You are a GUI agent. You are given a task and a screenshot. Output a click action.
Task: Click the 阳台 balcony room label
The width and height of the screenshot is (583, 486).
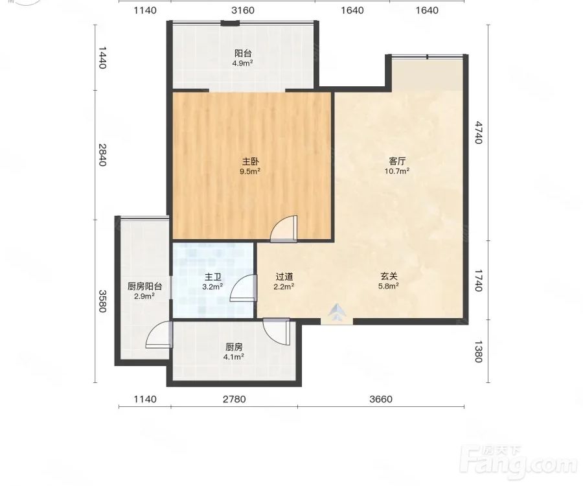pyautogui.click(x=243, y=53)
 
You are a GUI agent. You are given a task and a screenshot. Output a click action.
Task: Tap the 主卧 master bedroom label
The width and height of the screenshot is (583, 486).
pyautogui.click(x=250, y=161)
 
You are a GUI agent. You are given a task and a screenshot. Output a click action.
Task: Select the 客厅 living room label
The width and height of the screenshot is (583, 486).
pyautogui.click(x=397, y=161)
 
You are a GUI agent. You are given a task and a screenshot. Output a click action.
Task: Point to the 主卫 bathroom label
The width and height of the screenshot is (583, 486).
pyautogui.click(x=213, y=277)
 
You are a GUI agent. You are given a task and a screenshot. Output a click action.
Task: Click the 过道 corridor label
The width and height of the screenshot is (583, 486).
pyautogui.click(x=284, y=277)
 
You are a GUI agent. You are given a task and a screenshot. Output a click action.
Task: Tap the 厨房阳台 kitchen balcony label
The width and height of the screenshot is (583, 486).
pyautogui.click(x=144, y=286)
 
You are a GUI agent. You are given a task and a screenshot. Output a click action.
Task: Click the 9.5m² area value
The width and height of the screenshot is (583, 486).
pyautogui.click(x=250, y=172)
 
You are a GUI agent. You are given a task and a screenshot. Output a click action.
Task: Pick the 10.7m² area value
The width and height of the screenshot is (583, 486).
pyautogui.click(x=397, y=171)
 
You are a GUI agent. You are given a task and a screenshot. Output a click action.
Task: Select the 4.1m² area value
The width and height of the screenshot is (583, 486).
pyautogui.click(x=233, y=357)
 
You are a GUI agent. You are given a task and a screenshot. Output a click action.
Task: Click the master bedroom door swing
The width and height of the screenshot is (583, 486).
pyautogui.click(x=284, y=229)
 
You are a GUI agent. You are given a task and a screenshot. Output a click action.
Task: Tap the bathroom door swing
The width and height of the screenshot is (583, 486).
pyautogui.click(x=244, y=288)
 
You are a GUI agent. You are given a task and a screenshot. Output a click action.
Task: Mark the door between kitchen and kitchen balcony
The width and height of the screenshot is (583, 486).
pyautogui.click(x=159, y=335)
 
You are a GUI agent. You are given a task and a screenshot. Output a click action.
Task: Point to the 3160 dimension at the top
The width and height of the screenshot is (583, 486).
pyautogui.click(x=243, y=10)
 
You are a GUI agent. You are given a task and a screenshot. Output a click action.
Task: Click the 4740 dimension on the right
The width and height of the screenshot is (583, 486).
pyautogui.click(x=479, y=132)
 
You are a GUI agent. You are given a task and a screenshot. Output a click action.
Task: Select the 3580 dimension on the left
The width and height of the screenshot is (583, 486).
pyautogui.click(x=102, y=301)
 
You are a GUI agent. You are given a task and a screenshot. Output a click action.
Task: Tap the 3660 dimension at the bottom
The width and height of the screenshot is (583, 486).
pyautogui.click(x=381, y=399)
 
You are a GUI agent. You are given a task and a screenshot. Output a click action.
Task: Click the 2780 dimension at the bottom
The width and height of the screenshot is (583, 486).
pyautogui.click(x=234, y=399)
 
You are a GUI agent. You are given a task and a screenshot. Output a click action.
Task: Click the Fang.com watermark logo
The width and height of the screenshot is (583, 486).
pyautogui.click(x=518, y=462)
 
